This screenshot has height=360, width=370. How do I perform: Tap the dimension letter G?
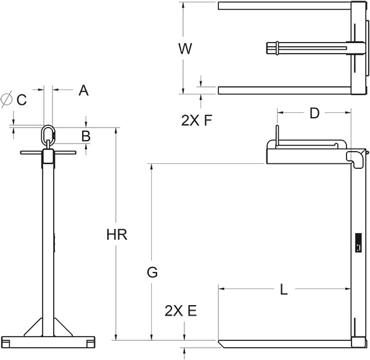(x=152, y=271)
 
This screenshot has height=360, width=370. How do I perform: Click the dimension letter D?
(x=314, y=113)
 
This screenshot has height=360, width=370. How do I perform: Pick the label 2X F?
(x=197, y=121)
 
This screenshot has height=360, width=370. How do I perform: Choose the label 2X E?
(x=181, y=311)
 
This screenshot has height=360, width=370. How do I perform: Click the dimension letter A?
(x=84, y=91)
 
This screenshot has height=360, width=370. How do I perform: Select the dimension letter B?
(x=86, y=135)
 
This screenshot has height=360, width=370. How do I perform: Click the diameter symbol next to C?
(x=7, y=99)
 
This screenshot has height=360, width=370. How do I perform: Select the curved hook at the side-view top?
(x=356, y=158)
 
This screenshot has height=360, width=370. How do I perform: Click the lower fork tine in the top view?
(x=284, y=91)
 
